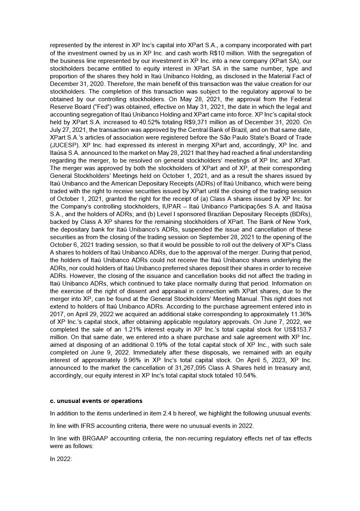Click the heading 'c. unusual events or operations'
96,401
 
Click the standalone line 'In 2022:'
61,459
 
